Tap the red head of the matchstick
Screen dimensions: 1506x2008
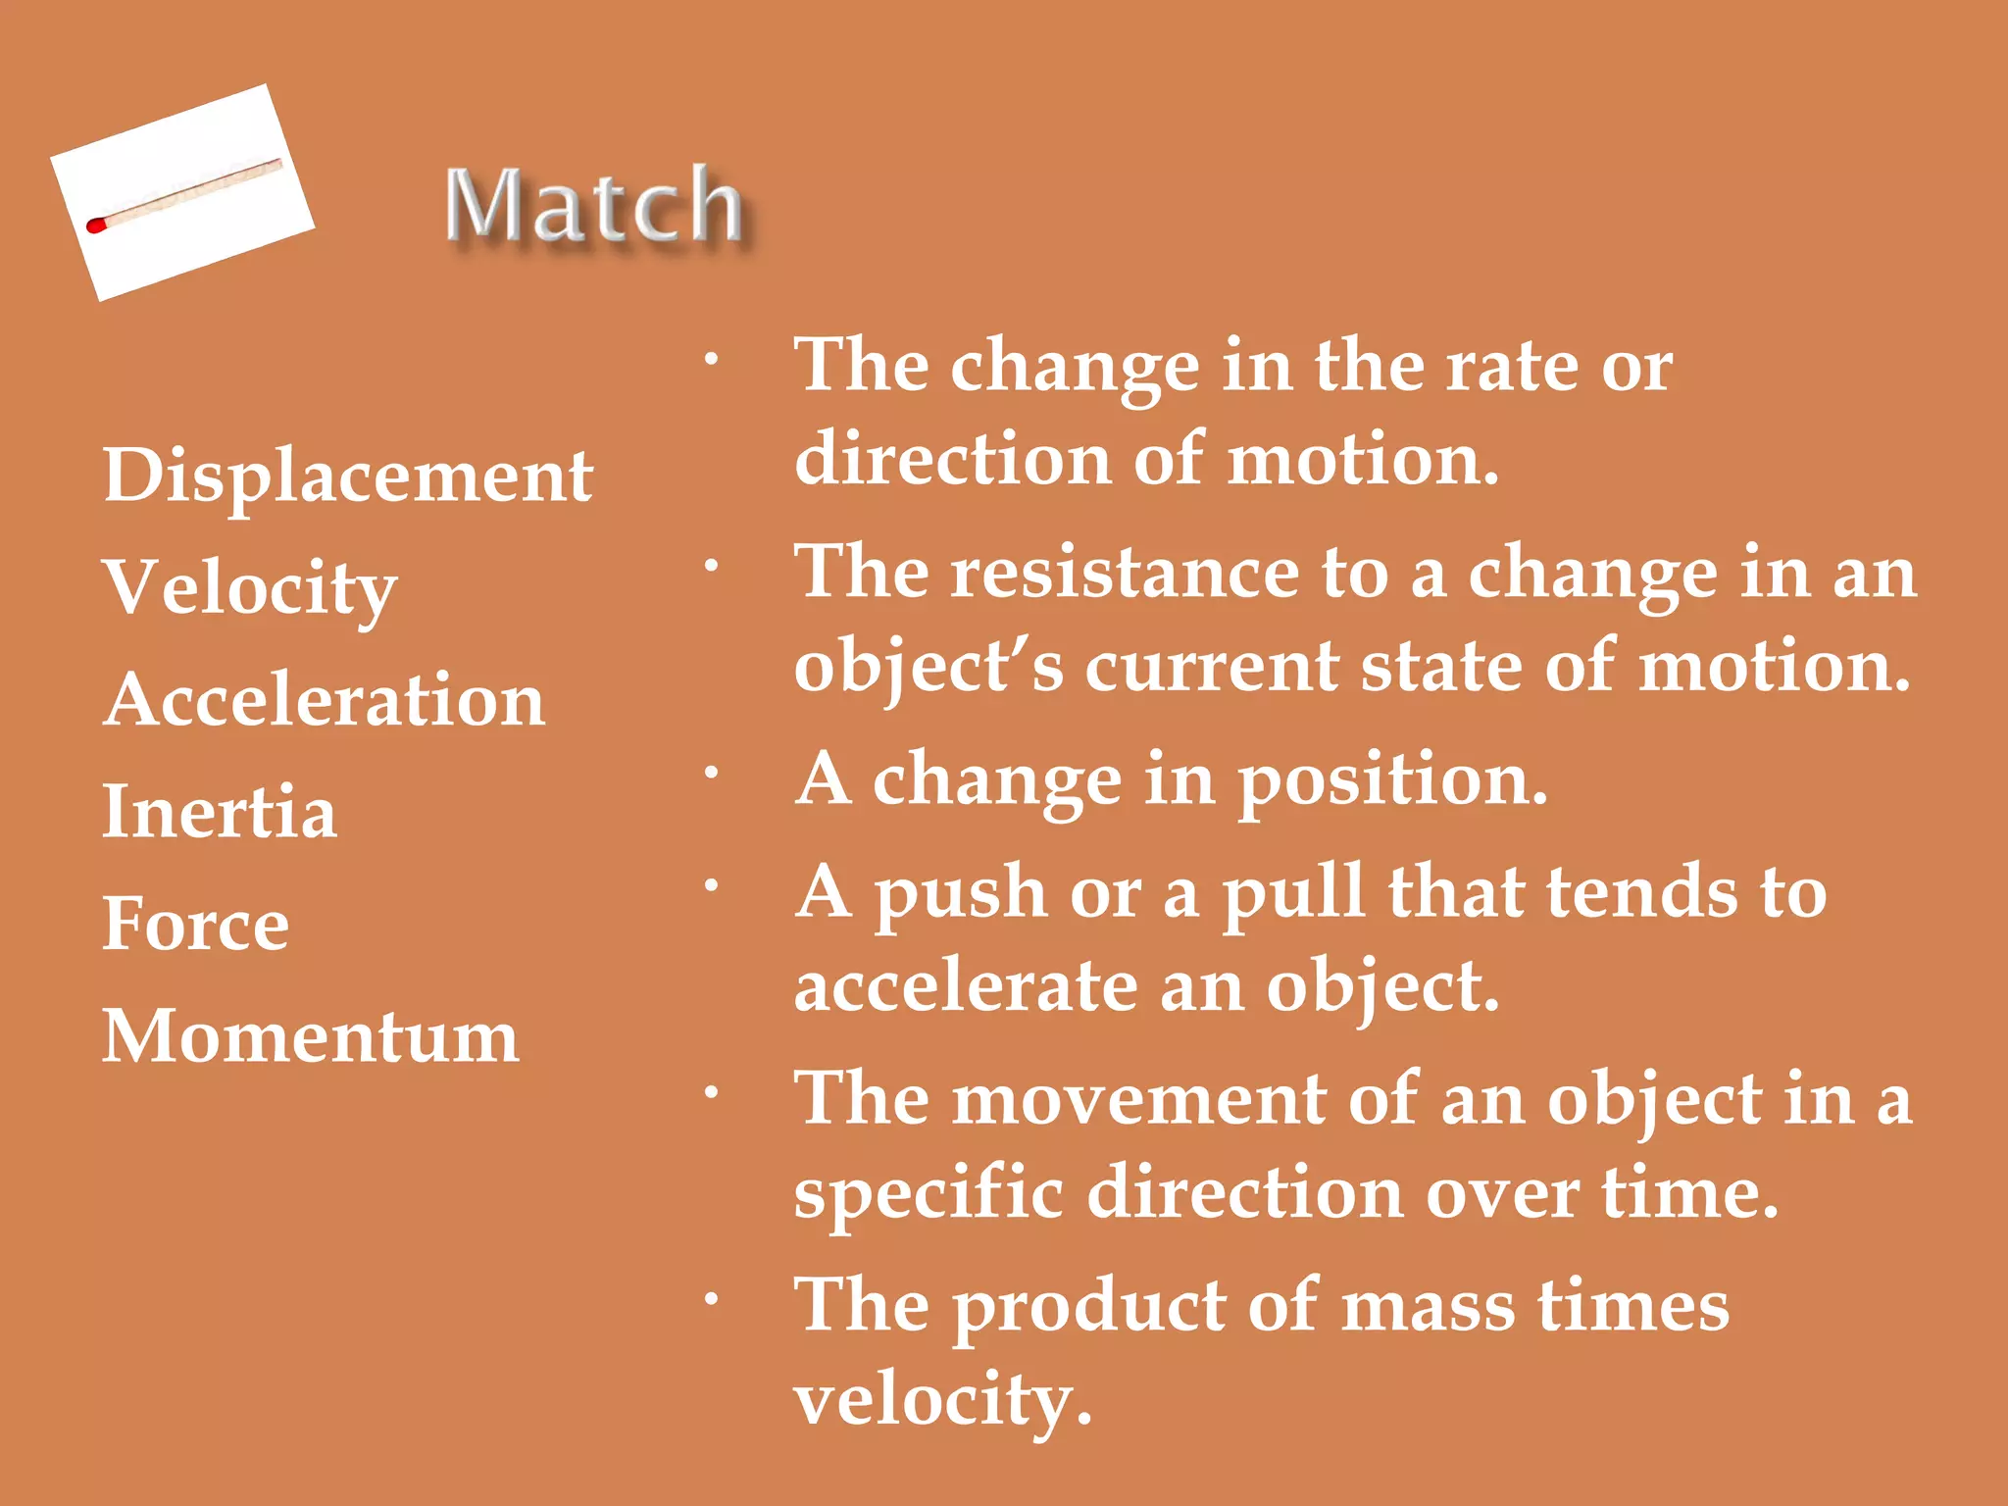95,226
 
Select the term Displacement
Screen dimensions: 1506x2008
347,476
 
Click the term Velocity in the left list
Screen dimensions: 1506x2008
250,588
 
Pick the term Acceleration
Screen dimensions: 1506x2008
324,700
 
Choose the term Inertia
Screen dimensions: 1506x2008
220,812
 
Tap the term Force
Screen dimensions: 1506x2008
196,924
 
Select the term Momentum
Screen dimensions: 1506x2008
311,1036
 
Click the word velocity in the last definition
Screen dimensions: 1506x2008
941,1400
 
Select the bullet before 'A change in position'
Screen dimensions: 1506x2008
713,773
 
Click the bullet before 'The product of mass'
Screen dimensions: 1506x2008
713,1300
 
